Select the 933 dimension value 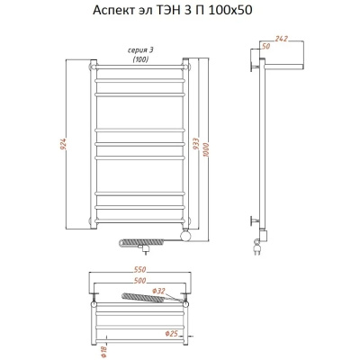(194, 144)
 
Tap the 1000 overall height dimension (206, 149)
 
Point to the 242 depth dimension (281, 39)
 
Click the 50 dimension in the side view (266, 46)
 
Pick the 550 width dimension (139, 270)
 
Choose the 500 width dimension (139, 281)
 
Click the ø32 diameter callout (158, 291)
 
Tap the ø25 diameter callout (172, 333)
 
